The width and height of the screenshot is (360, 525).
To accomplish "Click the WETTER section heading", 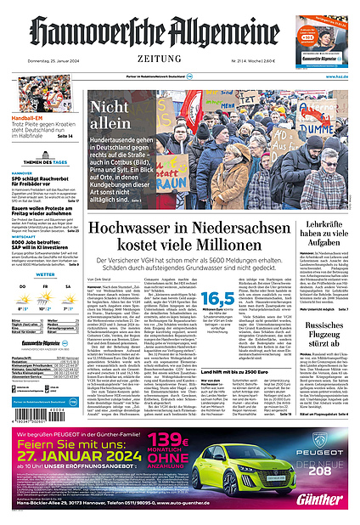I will coord(45,274).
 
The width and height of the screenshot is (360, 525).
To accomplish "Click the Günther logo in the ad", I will coord(323,499).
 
